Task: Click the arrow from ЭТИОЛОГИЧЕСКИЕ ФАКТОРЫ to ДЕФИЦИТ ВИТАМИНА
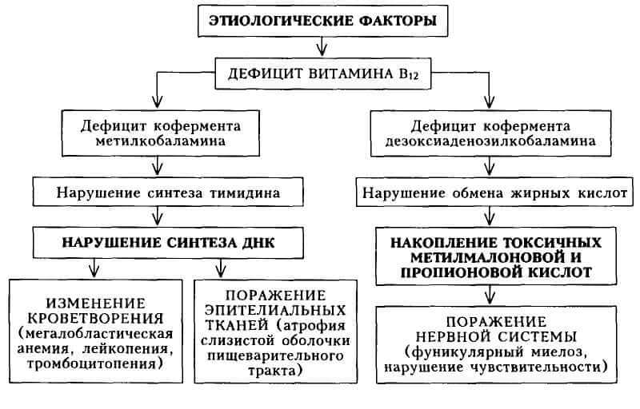322,46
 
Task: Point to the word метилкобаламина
161,141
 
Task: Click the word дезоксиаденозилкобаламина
490,141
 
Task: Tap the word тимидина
245,193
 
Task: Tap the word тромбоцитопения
94,363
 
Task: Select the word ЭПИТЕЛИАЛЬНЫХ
275,310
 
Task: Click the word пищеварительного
275,355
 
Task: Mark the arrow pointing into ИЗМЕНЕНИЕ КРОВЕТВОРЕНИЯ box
94,268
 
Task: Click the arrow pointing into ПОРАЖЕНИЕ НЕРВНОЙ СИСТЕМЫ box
490,295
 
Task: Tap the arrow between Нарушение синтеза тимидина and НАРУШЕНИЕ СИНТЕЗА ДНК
158,216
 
